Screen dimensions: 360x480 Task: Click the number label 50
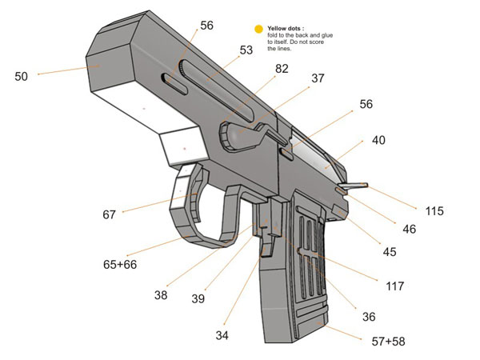pos(21,77)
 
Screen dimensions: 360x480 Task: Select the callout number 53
pos(246,50)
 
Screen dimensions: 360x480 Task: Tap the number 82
pos(282,69)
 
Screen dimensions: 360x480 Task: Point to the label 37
pos(318,78)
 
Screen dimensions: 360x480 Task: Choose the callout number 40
pos(378,140)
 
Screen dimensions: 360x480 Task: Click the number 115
pos(434,212)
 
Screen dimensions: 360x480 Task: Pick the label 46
pos(409,229)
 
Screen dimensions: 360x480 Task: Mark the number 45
pos(390,252)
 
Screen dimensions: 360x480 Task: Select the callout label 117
pos(394,286)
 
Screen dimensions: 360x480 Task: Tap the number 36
pos(368,317)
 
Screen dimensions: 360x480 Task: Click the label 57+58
pos(389,342)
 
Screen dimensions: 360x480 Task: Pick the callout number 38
pos(162,295)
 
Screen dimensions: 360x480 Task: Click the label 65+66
pos(119,263)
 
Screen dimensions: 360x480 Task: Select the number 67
pos(110,214)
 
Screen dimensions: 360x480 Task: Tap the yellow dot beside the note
pos(258,30)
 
